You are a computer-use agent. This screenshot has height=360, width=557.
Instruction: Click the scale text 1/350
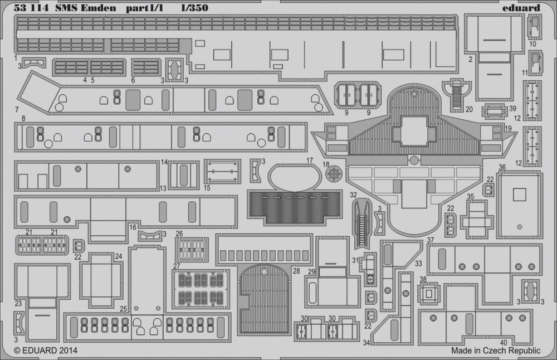click(194, 8)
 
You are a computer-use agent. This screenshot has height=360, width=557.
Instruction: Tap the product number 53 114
click(31, 8)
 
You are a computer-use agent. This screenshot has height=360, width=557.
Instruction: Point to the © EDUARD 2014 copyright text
click(46, 350)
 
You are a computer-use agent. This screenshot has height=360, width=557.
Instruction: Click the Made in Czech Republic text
click(496, 351)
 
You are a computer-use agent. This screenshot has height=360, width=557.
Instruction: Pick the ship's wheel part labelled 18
click(334, 174)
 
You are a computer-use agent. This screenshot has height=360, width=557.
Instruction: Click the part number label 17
click(310, 160)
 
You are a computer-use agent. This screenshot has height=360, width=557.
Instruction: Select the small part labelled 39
click(493, 110)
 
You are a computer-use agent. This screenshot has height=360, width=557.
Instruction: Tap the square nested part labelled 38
click(429, 293)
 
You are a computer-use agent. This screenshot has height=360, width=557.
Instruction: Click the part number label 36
click(502, 167)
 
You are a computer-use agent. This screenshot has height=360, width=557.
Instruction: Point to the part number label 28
click(296, 271)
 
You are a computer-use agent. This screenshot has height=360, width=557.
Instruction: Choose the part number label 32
click(353, 194)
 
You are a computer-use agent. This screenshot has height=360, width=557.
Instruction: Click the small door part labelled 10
click(534, 26)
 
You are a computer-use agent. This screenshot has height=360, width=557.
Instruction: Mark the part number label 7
click(17, 110)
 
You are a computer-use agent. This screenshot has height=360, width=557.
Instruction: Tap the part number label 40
click(504, 343)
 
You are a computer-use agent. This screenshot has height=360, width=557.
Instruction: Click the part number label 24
click(119, 256)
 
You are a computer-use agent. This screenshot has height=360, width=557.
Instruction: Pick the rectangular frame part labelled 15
click(222, 171)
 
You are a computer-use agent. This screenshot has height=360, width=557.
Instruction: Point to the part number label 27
click(177, 266)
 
